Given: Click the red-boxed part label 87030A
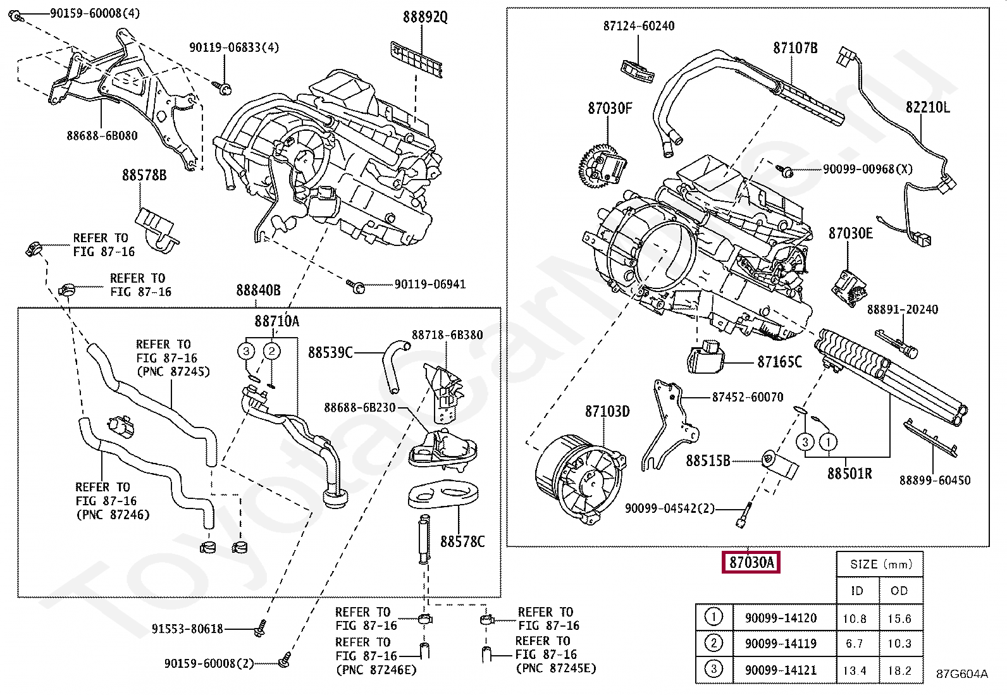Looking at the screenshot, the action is click(x=751, y=562).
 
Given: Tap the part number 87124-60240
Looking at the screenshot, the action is click(x=639, y=26).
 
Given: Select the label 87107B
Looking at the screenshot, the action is click(x=795, y=47).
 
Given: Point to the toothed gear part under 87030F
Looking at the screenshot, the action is click(x=602, y=166).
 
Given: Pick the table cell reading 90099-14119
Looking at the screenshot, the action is click(x=781, y=644).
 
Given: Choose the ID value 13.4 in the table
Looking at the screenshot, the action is click(x=855, y=671).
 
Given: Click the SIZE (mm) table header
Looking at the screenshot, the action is click(x=881, y=564).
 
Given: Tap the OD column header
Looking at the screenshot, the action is click(x=899, y=591).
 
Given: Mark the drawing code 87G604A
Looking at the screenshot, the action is click(x=962, y=674).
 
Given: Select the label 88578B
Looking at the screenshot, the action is click(x=144, y=175).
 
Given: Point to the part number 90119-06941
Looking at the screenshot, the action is click(x=430, y=284).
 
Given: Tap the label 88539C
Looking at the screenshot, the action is click(x=330, y=353).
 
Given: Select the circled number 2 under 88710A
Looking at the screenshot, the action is click(x=271, y=351).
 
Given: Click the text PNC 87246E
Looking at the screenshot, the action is click(x=376, y=670).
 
